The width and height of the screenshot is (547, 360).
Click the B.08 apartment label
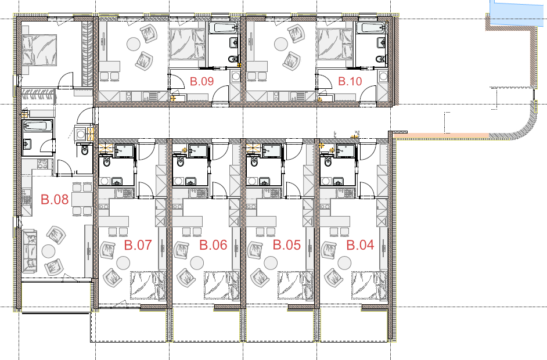pos(55,200)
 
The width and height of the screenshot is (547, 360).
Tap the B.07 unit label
pos(138,245)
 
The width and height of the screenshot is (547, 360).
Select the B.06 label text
pos(213,245)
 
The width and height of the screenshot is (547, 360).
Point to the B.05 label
pos(286,245)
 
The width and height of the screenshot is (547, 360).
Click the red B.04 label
pos(360,245)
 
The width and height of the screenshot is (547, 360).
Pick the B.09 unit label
pos(201,81)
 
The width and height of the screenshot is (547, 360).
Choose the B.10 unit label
pos(350,81)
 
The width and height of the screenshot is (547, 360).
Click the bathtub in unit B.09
pos(222,28)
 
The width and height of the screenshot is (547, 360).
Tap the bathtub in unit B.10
pos(371,28)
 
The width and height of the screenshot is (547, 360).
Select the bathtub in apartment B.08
pos(38,125)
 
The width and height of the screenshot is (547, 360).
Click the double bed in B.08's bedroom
pos(39,50)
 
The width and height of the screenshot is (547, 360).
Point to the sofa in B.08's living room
pos(29,251)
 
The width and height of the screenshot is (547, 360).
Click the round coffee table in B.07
pos(123,263)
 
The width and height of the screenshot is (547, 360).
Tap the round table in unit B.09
pos(133,44)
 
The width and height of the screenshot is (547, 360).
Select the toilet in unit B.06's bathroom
pos(181,161)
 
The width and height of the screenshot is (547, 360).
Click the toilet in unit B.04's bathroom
pos(328,161)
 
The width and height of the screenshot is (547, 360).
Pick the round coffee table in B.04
pos(345,263)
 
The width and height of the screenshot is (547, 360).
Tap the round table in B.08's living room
pos(48,251)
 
